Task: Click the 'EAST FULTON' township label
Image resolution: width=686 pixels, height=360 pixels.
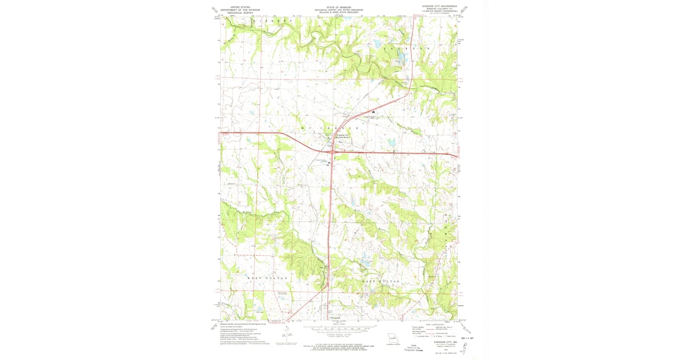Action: [x=379, y=282]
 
